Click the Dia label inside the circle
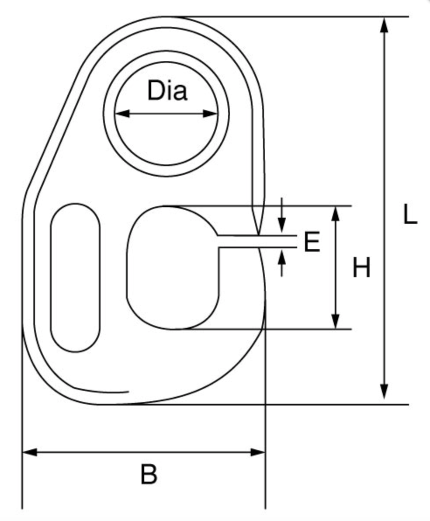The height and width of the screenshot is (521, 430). click(167, 90)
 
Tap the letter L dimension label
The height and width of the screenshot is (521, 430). click(410, 215)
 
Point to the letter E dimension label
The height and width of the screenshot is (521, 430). click(312, 242)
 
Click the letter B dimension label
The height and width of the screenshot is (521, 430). click(149, 475)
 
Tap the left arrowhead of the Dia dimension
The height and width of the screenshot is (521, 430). click(122, 114)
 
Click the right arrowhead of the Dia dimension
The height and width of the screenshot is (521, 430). click(210, 114)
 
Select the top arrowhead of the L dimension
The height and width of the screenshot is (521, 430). click(384, 24)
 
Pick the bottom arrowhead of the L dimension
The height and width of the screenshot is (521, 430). click(384, 392)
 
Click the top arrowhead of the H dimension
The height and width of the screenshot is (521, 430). click(336, 214)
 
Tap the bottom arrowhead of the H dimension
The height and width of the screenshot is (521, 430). click(336, 321)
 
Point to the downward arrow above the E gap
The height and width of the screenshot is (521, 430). click(282, 215)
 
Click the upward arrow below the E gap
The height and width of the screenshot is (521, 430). click(282, 263)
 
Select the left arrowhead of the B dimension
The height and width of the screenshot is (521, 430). click(30, 452)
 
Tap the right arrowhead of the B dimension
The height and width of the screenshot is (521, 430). click(258, 452)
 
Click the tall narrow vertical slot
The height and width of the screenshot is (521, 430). click(75, 278)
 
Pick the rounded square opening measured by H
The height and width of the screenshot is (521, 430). click(173, 268)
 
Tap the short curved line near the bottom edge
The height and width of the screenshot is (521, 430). click(101, 391)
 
